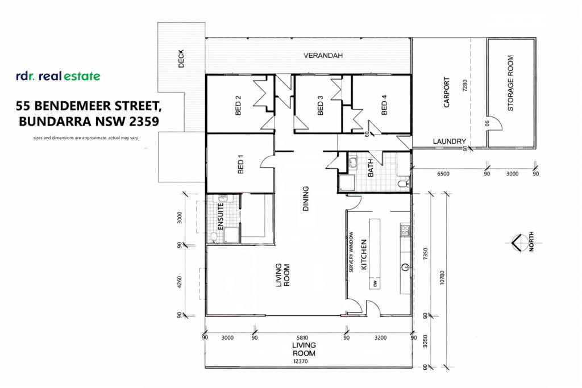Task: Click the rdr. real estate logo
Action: click(x=59, y=76)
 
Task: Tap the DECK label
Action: click(x=181, y=59)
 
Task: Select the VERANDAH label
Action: click(x=323, y=56)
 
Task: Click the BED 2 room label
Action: click(x=238, y=105)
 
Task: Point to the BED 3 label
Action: click(x=321, y=105)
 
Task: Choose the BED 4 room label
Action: click(x=384, y=105)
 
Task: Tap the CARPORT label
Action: click(x=447, y=93)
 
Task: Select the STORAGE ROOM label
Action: click(x=510, y=83)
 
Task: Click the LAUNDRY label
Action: click(x=449, y=141)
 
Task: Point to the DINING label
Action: click(x=305, y=198)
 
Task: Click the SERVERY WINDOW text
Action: click(x=351, y=252)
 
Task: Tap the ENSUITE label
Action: click(x=220, y=216)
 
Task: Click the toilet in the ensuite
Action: click(x=214, y=237)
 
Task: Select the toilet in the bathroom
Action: click(x=404, y=183)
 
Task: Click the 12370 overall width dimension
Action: click(x=300, y=361)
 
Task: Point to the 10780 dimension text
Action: click(x=442, y=277)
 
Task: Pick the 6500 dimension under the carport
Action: click(x=443, y=174)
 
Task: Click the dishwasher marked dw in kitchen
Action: click(x=375, y=283)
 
